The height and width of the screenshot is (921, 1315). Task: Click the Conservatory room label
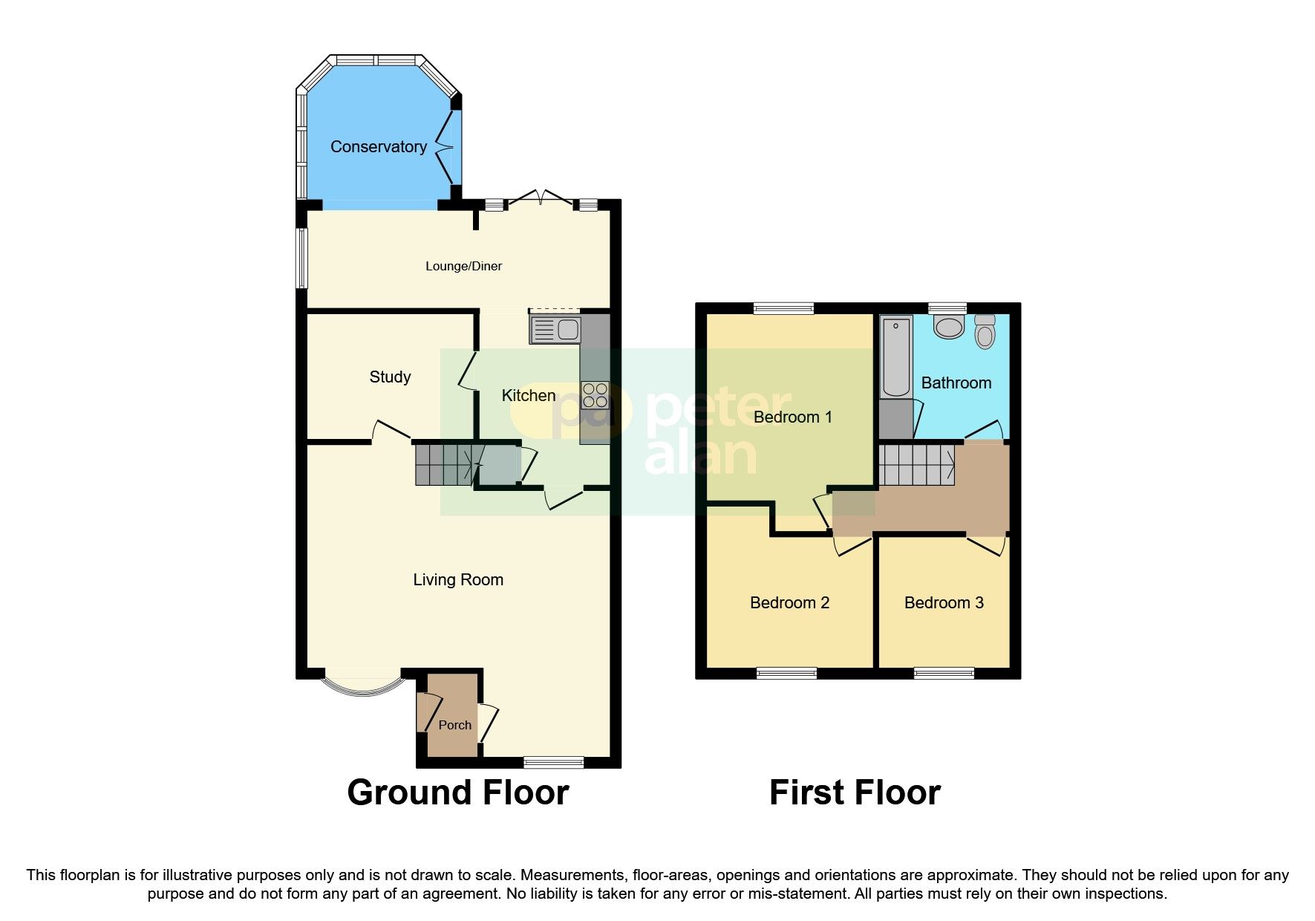[378, 147]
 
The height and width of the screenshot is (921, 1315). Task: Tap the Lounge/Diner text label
[463, 266]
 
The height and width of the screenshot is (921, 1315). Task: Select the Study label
[390, 377]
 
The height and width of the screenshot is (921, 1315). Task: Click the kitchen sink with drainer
[555, 329]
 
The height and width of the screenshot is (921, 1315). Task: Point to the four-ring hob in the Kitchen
[595, 395]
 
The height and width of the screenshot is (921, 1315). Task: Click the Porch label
[454, 725]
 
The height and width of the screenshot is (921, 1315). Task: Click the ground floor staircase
[443, 464]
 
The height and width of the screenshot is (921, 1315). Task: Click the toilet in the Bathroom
[985, 331]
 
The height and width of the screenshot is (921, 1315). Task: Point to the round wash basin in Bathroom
[948, 326]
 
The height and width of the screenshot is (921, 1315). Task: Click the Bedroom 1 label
[792, 417]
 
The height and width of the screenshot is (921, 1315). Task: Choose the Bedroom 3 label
[943, 603]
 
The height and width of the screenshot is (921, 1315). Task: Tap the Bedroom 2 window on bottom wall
[786, 673]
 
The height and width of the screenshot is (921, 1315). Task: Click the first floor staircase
[916, 464]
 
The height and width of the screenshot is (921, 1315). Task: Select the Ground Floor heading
[457, 793]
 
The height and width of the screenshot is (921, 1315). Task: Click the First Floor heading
[855, 793]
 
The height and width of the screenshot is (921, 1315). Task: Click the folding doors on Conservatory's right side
[446, 148]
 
